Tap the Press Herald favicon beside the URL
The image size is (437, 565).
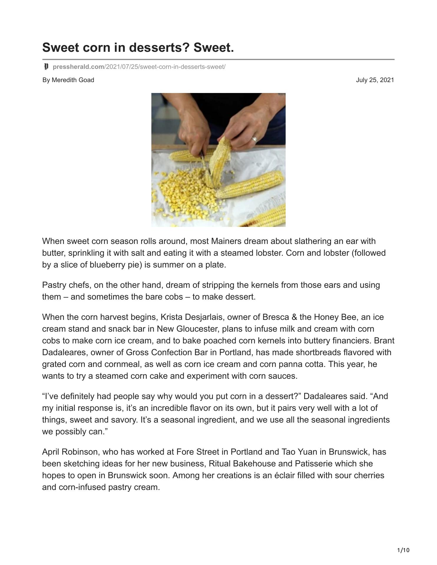(46, 67)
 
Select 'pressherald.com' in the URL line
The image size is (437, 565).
(78, 67)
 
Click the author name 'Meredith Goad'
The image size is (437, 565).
(73, 80)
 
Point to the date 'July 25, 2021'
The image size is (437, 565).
(375, 80)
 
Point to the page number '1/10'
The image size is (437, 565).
(403, 550)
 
